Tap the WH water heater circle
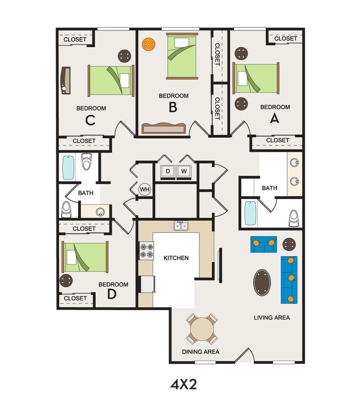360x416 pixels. pyautogui.click(x=145, y=190)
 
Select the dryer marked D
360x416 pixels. pyautogui.click(x=168, y=171)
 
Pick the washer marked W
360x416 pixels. pyautogui.click(x=184, y=171)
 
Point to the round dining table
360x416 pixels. pyautogui.click(x=201, y=329)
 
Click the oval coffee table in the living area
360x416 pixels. pyautogui.click(x=263, y=282)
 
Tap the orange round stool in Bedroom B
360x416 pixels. pyautogui.click(x=149, y=44)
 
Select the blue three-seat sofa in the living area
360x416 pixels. pyautogui.click(x=290, y=279)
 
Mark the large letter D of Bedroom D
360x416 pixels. pyautogui.click(x=112, y=294)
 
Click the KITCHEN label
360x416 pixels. pyautogui.click(x=176, y=258)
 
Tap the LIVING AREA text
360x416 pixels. pyautogui.click(x=272, y=318)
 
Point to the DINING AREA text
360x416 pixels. pyautogui.click(x=200, y=352)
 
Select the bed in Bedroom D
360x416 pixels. pyautogui.click(x=84, y=258)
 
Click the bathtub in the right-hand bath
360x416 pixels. pyautogui.click(x=251, y=214)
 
